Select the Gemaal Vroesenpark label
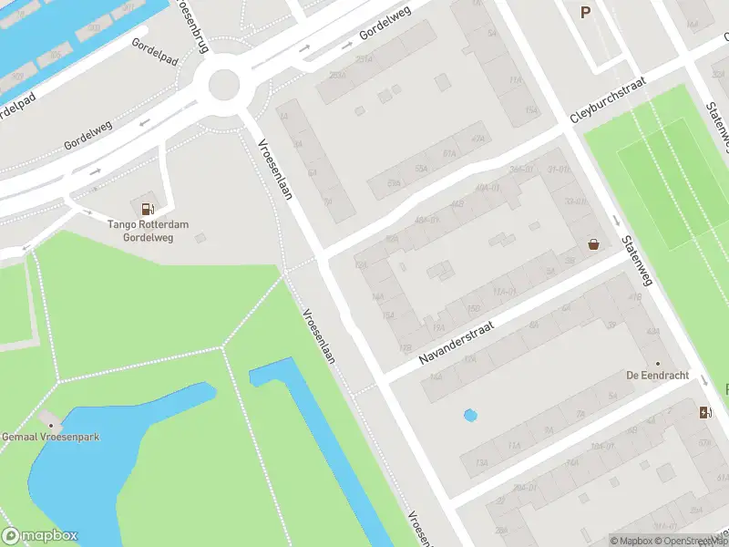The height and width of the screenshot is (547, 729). click(x=51, y=437)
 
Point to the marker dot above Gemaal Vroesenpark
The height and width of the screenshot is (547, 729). click(x=51, y=424)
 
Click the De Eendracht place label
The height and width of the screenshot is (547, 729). click(x=657, y=376)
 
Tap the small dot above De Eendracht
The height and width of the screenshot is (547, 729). click(x=657, y=363)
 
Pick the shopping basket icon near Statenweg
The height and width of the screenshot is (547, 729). click(x=594, y=244)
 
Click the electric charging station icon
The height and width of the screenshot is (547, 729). click(x=704, y=412)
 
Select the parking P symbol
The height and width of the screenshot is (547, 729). click(x=585, y=12)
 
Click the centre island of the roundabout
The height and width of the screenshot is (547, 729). click(x=224, y=87)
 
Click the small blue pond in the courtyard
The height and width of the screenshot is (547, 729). click(x=470, y=416)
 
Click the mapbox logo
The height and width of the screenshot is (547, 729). click(x=40, y=536)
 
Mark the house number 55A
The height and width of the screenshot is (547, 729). click(x=421, y=170)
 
